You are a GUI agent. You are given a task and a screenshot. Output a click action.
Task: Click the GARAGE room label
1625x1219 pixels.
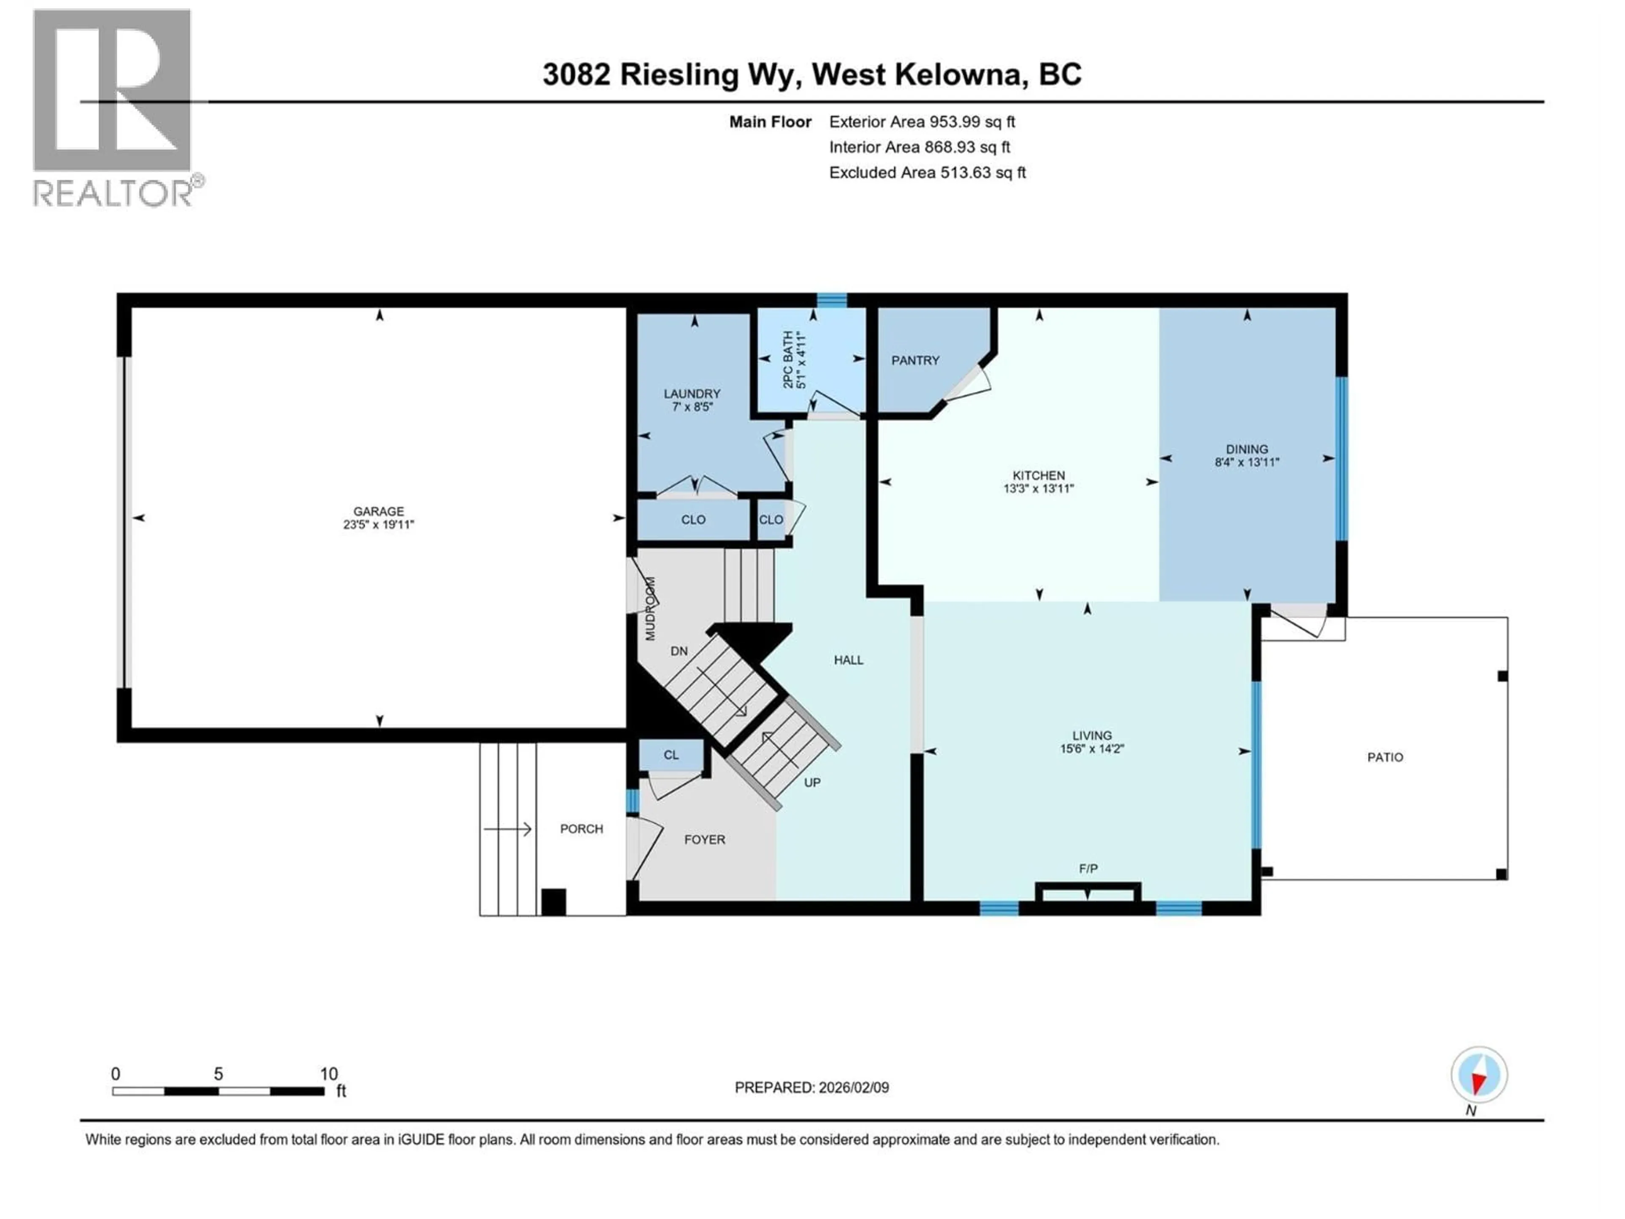tap(378, 511)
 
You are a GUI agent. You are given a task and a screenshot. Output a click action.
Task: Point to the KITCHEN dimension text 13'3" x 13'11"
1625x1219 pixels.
tap(1039, 488)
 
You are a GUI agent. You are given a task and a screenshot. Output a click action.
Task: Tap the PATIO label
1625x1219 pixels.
tap(1385, 757)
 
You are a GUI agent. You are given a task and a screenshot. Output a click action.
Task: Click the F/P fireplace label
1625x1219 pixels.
tap(1088, 869)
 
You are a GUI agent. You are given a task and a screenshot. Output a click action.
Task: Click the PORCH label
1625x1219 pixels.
tap(581, 829)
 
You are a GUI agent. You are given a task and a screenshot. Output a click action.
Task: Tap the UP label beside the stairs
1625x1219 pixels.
tap(812, 783)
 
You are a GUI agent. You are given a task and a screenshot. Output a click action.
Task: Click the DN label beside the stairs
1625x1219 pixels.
tap(679, 651)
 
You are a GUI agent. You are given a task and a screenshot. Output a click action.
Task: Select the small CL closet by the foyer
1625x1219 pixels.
tap(671, 755)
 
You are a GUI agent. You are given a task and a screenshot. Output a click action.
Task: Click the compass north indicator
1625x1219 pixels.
tap(1479, 1075)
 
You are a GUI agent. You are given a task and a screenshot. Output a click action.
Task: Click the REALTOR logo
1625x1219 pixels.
tap(114, 107)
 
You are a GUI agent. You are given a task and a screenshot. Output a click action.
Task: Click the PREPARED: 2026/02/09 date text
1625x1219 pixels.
tap(811, 1087)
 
